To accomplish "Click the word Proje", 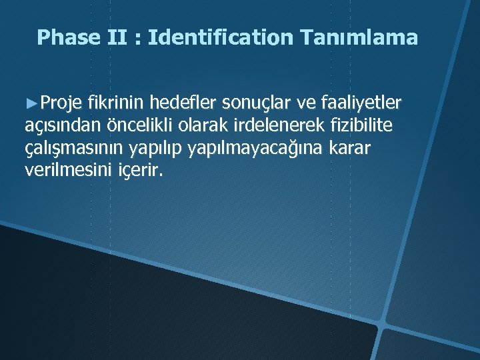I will (61, 103).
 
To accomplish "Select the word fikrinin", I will (117, 103).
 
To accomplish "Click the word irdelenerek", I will (263, 125).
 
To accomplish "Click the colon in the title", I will (139, 39).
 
